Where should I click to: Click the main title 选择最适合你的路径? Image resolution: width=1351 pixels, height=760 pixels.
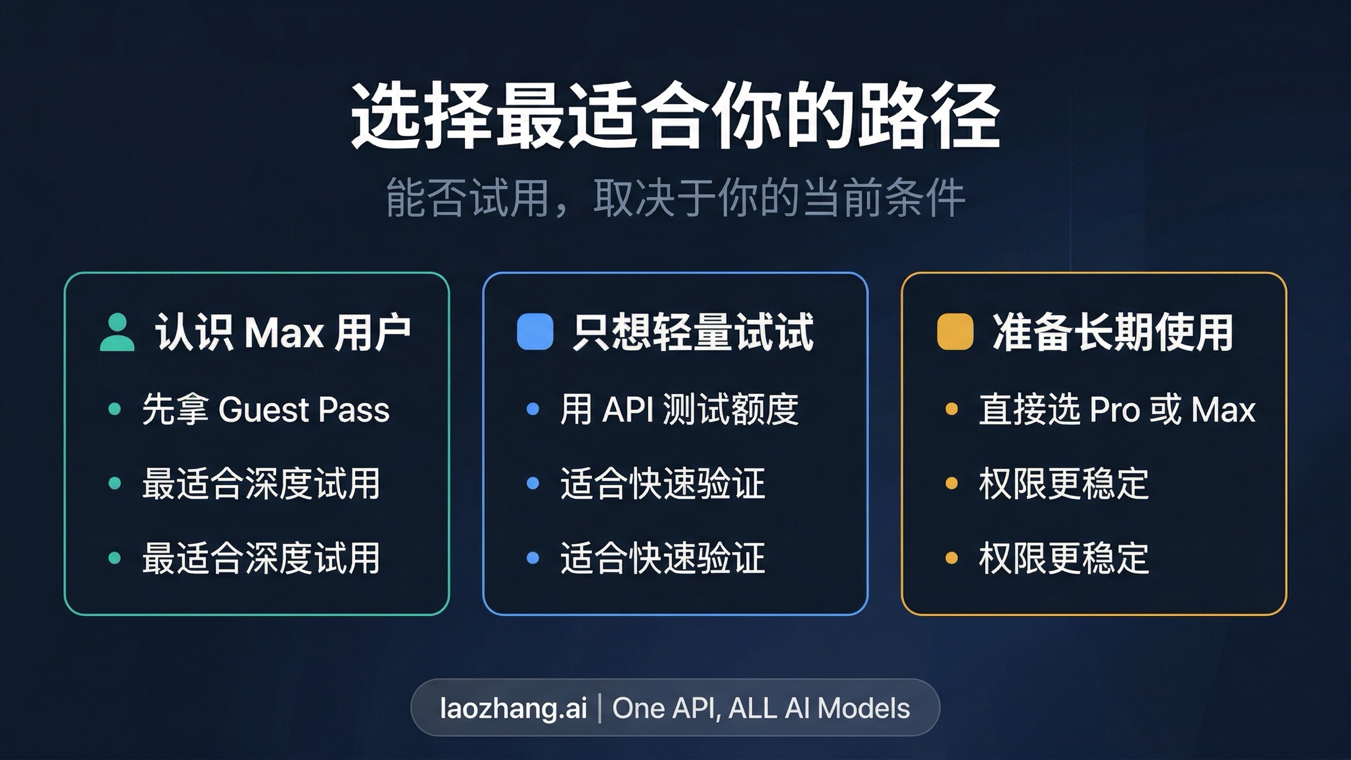675,117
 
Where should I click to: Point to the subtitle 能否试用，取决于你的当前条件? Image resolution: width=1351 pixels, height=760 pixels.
675,198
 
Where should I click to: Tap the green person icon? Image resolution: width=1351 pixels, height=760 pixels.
117,333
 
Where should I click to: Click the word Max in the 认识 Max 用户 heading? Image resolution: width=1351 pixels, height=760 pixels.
284,333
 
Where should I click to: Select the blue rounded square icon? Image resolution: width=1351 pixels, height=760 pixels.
535,332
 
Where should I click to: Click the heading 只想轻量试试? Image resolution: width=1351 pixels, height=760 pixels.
693,333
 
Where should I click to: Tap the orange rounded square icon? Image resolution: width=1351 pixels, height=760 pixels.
955,332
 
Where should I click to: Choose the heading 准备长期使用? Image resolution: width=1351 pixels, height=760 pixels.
1112,333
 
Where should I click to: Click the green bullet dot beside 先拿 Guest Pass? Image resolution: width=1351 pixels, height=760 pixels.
115,409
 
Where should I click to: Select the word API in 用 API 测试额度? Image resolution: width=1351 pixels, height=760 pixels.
628,409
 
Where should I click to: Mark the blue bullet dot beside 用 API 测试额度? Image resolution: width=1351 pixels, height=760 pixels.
533,409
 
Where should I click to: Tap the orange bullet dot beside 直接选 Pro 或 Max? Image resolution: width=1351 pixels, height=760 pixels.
952,409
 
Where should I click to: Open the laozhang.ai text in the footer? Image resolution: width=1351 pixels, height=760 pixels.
513,708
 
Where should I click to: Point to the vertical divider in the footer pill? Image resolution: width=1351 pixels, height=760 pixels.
600,708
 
